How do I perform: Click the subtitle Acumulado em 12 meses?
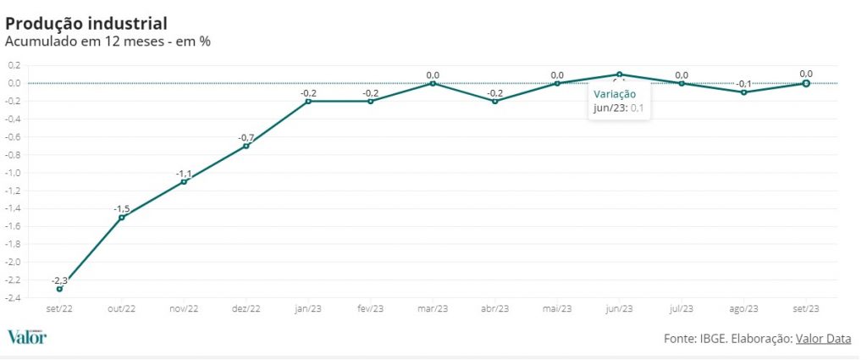108,41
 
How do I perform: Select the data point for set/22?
59,289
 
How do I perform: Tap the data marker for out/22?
122,218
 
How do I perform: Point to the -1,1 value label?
184,174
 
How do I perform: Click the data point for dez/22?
246,146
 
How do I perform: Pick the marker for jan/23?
308,101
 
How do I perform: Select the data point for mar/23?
433,83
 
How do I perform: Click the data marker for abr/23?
495,101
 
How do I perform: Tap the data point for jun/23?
620,75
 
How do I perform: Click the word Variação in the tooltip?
615,94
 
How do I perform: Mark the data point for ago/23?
744,92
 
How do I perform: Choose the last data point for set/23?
806,83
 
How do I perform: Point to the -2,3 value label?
59,280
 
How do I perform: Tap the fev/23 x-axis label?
370,309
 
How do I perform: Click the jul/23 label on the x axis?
682,309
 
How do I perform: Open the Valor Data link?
823,339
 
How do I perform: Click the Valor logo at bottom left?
27,337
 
